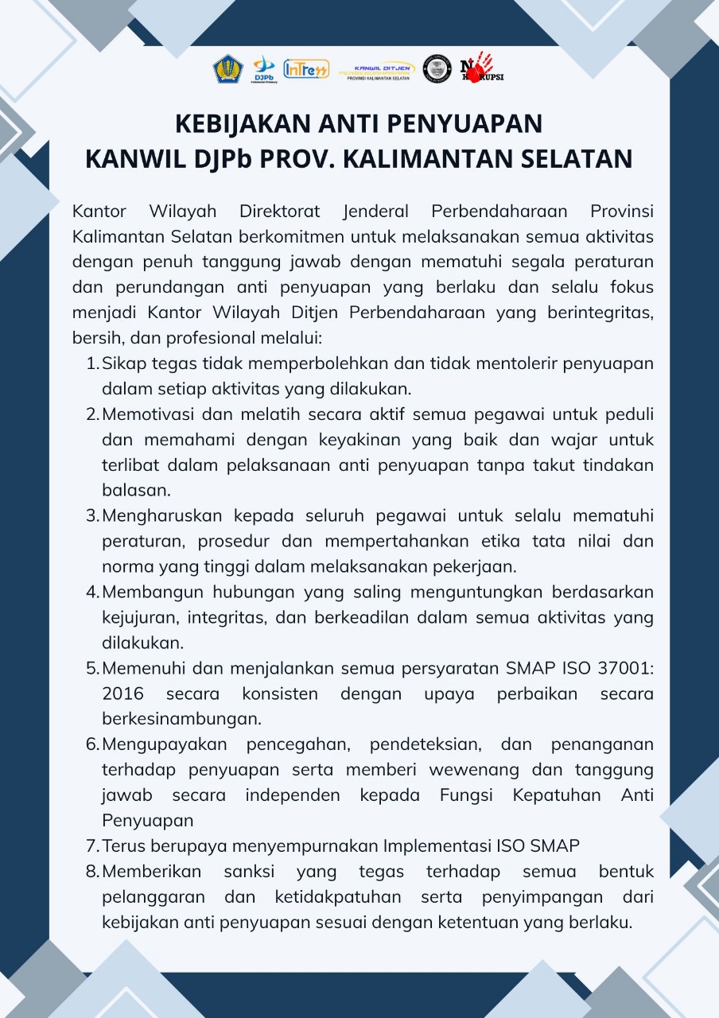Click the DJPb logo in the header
coord(264,69)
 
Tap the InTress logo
coord(305,70)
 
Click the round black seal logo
coord(437,69)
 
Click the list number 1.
coord(91,364)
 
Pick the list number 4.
coord(91,593)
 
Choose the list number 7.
coord(91,845)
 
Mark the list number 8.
coord(91,872)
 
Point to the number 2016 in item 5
coord(123,694)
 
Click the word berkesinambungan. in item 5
coord(182,719)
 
